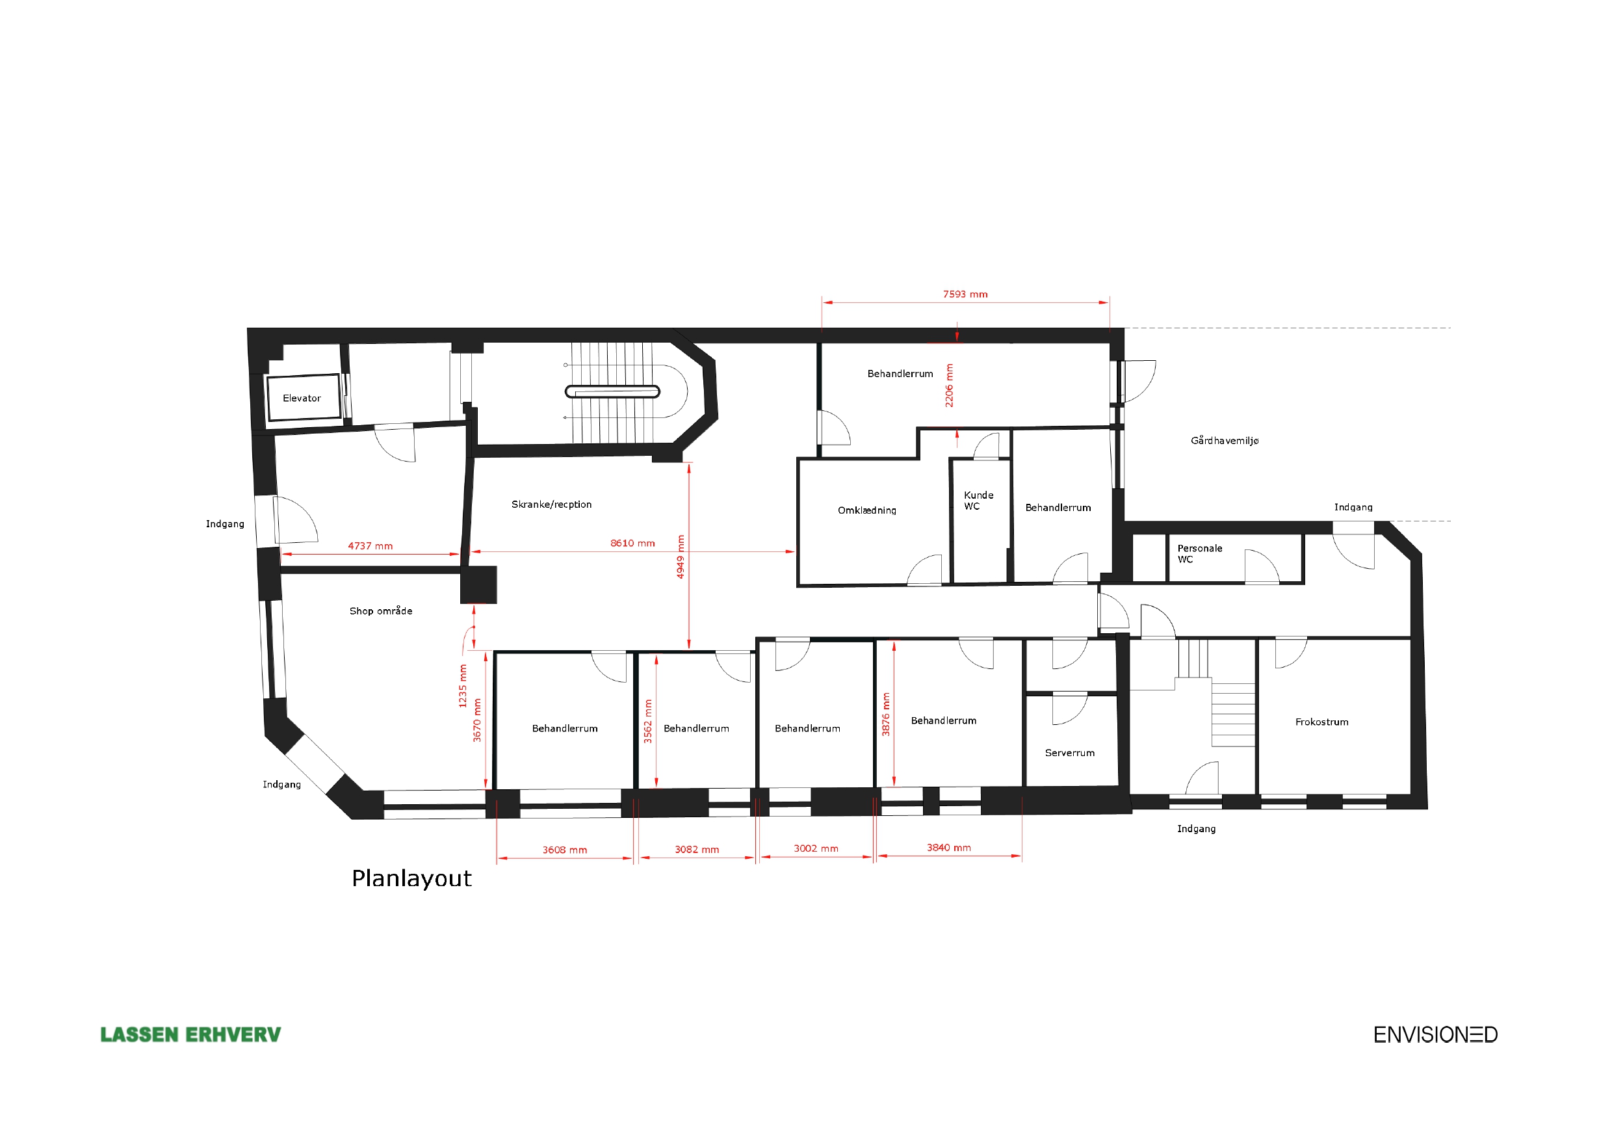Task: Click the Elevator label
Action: coord(302,399)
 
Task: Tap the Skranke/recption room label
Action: coord(551,505)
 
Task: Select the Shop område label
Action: coord(381,610)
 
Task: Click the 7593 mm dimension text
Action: coord(965,295)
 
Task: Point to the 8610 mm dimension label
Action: coord(632,543)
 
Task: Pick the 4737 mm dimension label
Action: coord(370,546)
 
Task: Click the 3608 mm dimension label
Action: coord(564,850)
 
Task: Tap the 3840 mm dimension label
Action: coord(948,848)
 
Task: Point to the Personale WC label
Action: coord(1200,554)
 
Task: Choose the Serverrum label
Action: coord(1069,753)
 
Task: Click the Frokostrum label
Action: coord(1321,722)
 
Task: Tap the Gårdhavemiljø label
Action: coord(1225,441)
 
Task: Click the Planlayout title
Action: coord(411,878)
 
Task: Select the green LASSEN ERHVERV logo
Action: coord(190,1034)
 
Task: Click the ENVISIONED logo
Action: coord(1435,1034)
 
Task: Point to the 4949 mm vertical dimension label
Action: coord(680,557)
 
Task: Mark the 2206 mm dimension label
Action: coord(949,386)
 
